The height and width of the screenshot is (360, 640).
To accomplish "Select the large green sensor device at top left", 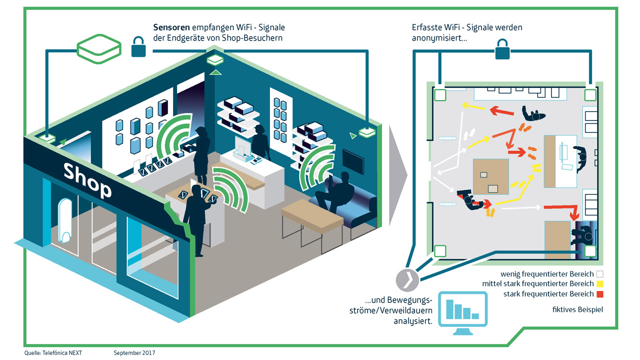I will (x=98, y=49).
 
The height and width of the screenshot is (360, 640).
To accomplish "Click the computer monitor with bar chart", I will (x=462, y=310).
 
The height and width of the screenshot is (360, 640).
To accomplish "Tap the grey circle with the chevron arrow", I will (x=406, y=279).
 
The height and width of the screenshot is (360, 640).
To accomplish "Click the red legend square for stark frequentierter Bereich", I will (x=600, y=294).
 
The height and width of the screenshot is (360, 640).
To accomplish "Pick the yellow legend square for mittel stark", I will (x=600, y=284).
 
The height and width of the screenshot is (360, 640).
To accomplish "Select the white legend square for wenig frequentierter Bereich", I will (x=600, y=274).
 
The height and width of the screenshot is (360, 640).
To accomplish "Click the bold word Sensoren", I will (x=169, y=27).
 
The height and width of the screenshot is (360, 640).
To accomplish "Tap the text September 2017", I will (x=134, y=352).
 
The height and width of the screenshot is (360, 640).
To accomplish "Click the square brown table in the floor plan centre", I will (x=491, y=176).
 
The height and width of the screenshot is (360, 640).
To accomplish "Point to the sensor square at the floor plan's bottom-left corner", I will (x=440, y=251).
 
